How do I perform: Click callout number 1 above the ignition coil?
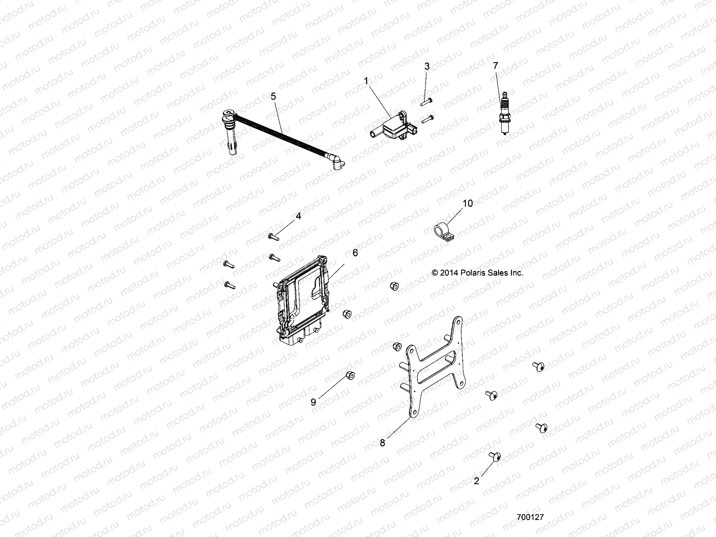[x=379, y=81]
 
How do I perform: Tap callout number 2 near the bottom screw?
[x=477, y=481]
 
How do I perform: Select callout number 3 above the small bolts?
[x=427, y=66]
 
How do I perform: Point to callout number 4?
[x=298, y=217]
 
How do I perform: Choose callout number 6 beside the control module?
[x=355, y=253]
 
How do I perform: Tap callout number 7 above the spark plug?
[x=495, y=66]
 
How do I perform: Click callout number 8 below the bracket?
[x=382, y=443]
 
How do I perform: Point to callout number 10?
[x=467, y=203]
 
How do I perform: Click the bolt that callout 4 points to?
[x=273, y=236]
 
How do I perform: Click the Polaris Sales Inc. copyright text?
[x=477, y=273]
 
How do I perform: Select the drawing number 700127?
[x=530, y=516]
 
